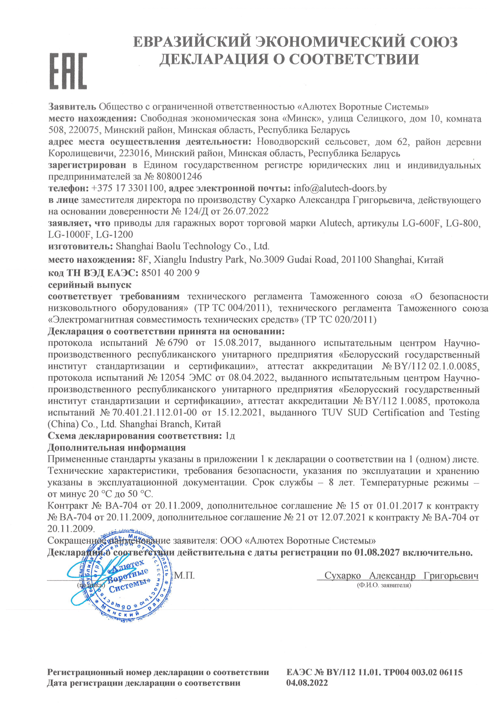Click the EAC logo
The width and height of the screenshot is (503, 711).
click(x=68, y=71)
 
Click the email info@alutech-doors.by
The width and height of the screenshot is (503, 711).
click(x=340, y=188)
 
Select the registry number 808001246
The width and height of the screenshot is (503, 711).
click(x=179, y=176)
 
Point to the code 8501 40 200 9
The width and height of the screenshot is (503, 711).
click(x=170, y=273)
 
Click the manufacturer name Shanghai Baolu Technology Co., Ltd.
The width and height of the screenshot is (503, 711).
click(x=192, y=247)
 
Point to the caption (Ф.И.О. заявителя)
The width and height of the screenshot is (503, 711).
click(x=384, y=585)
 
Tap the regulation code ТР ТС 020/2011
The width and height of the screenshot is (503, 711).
click(x=339, y=320)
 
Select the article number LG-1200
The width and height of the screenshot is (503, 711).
click(x=114, y=234)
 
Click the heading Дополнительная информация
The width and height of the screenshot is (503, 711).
click(x=116, y=447)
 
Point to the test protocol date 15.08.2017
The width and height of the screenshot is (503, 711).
click(x=236, y=343)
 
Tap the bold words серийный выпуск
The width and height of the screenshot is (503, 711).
click(x=90, y=285)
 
